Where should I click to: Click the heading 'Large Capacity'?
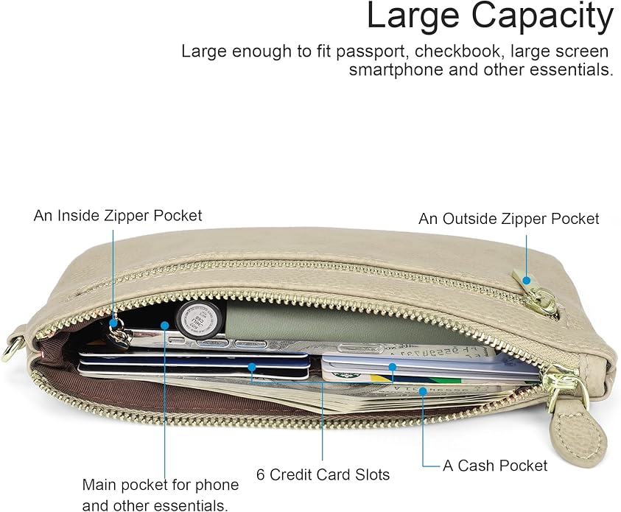[490, 16]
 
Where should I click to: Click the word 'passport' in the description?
[370, 52]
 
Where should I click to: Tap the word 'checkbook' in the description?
[457, 52]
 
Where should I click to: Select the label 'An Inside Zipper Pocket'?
[118, 216]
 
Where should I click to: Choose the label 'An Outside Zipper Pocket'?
[509, 219]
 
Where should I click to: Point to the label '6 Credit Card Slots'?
[323, 474]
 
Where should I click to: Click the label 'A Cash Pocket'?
[495, 466]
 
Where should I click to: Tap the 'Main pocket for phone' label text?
[161, 485]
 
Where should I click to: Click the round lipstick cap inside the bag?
[199, 318]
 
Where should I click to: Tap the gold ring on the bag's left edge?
[11, 348]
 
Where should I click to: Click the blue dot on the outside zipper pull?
[527, 281]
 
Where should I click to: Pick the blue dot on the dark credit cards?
[252, 367]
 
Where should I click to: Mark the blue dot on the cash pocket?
[423, 391]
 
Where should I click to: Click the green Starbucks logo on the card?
[347, 375]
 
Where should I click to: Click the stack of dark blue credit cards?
[193, 365]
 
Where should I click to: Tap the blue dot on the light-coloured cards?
[392, 367]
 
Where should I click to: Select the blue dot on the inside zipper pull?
[113, 323]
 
